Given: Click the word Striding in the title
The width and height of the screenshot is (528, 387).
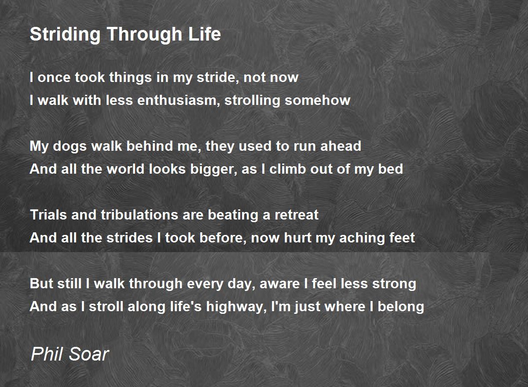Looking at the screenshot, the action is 65,35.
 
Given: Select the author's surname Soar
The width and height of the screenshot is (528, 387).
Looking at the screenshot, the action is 89,354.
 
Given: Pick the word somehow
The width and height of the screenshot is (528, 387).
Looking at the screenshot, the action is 318,100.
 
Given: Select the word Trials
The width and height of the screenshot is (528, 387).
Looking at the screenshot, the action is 48,215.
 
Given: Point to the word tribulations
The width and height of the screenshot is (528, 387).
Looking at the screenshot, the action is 139,215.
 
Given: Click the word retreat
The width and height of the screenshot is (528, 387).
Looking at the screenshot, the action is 297,215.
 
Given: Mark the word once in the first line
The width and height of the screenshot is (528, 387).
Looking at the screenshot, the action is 54,78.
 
